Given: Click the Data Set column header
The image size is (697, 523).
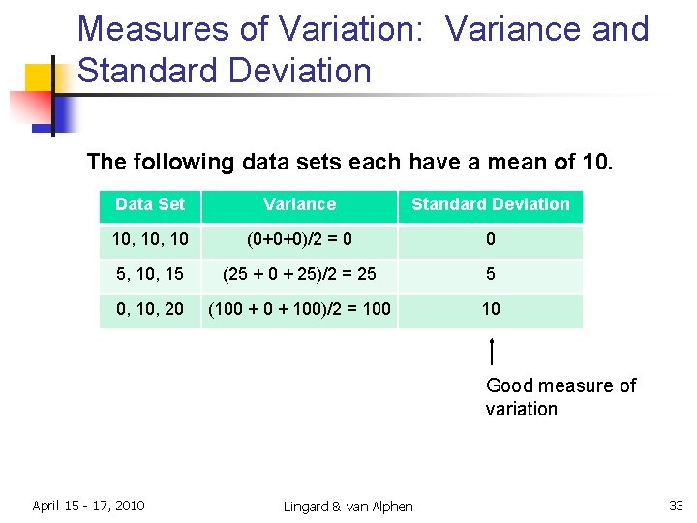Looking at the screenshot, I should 149,204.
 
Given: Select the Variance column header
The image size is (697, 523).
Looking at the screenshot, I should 299,204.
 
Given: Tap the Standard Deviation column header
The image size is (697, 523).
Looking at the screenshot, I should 490,204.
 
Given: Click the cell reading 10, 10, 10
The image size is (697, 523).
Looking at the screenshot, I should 149,239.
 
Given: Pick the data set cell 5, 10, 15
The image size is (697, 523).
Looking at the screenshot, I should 149,274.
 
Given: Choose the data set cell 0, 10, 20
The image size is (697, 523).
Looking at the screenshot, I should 149,309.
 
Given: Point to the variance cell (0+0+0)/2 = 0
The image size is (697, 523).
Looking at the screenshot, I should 299,239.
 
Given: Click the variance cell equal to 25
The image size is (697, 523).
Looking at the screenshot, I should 299,274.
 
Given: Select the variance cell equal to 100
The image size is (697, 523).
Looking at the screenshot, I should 299,309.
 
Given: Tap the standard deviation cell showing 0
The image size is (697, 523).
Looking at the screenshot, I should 490,239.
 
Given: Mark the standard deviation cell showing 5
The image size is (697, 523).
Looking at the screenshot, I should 490,274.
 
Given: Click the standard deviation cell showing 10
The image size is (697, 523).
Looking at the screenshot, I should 491,309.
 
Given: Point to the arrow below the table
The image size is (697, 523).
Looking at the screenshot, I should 493,351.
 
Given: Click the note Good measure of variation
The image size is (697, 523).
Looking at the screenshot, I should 560,397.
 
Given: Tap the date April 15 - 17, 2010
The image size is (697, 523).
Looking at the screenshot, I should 88,506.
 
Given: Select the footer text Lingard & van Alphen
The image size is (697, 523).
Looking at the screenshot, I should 348,507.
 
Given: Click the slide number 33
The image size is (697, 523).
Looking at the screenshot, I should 676,506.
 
